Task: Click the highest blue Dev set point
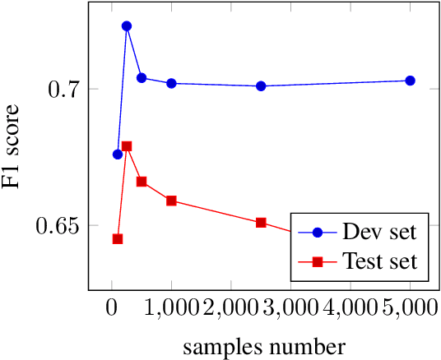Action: click(x=127, y=26)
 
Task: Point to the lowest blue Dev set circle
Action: click(x=117, y=155)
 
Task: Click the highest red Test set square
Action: click(x=127, y=146)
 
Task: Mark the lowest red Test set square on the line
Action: click(x=117, y=239)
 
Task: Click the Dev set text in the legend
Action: click(x=379, y=231)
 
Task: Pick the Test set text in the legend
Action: click(x=379, y=262)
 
